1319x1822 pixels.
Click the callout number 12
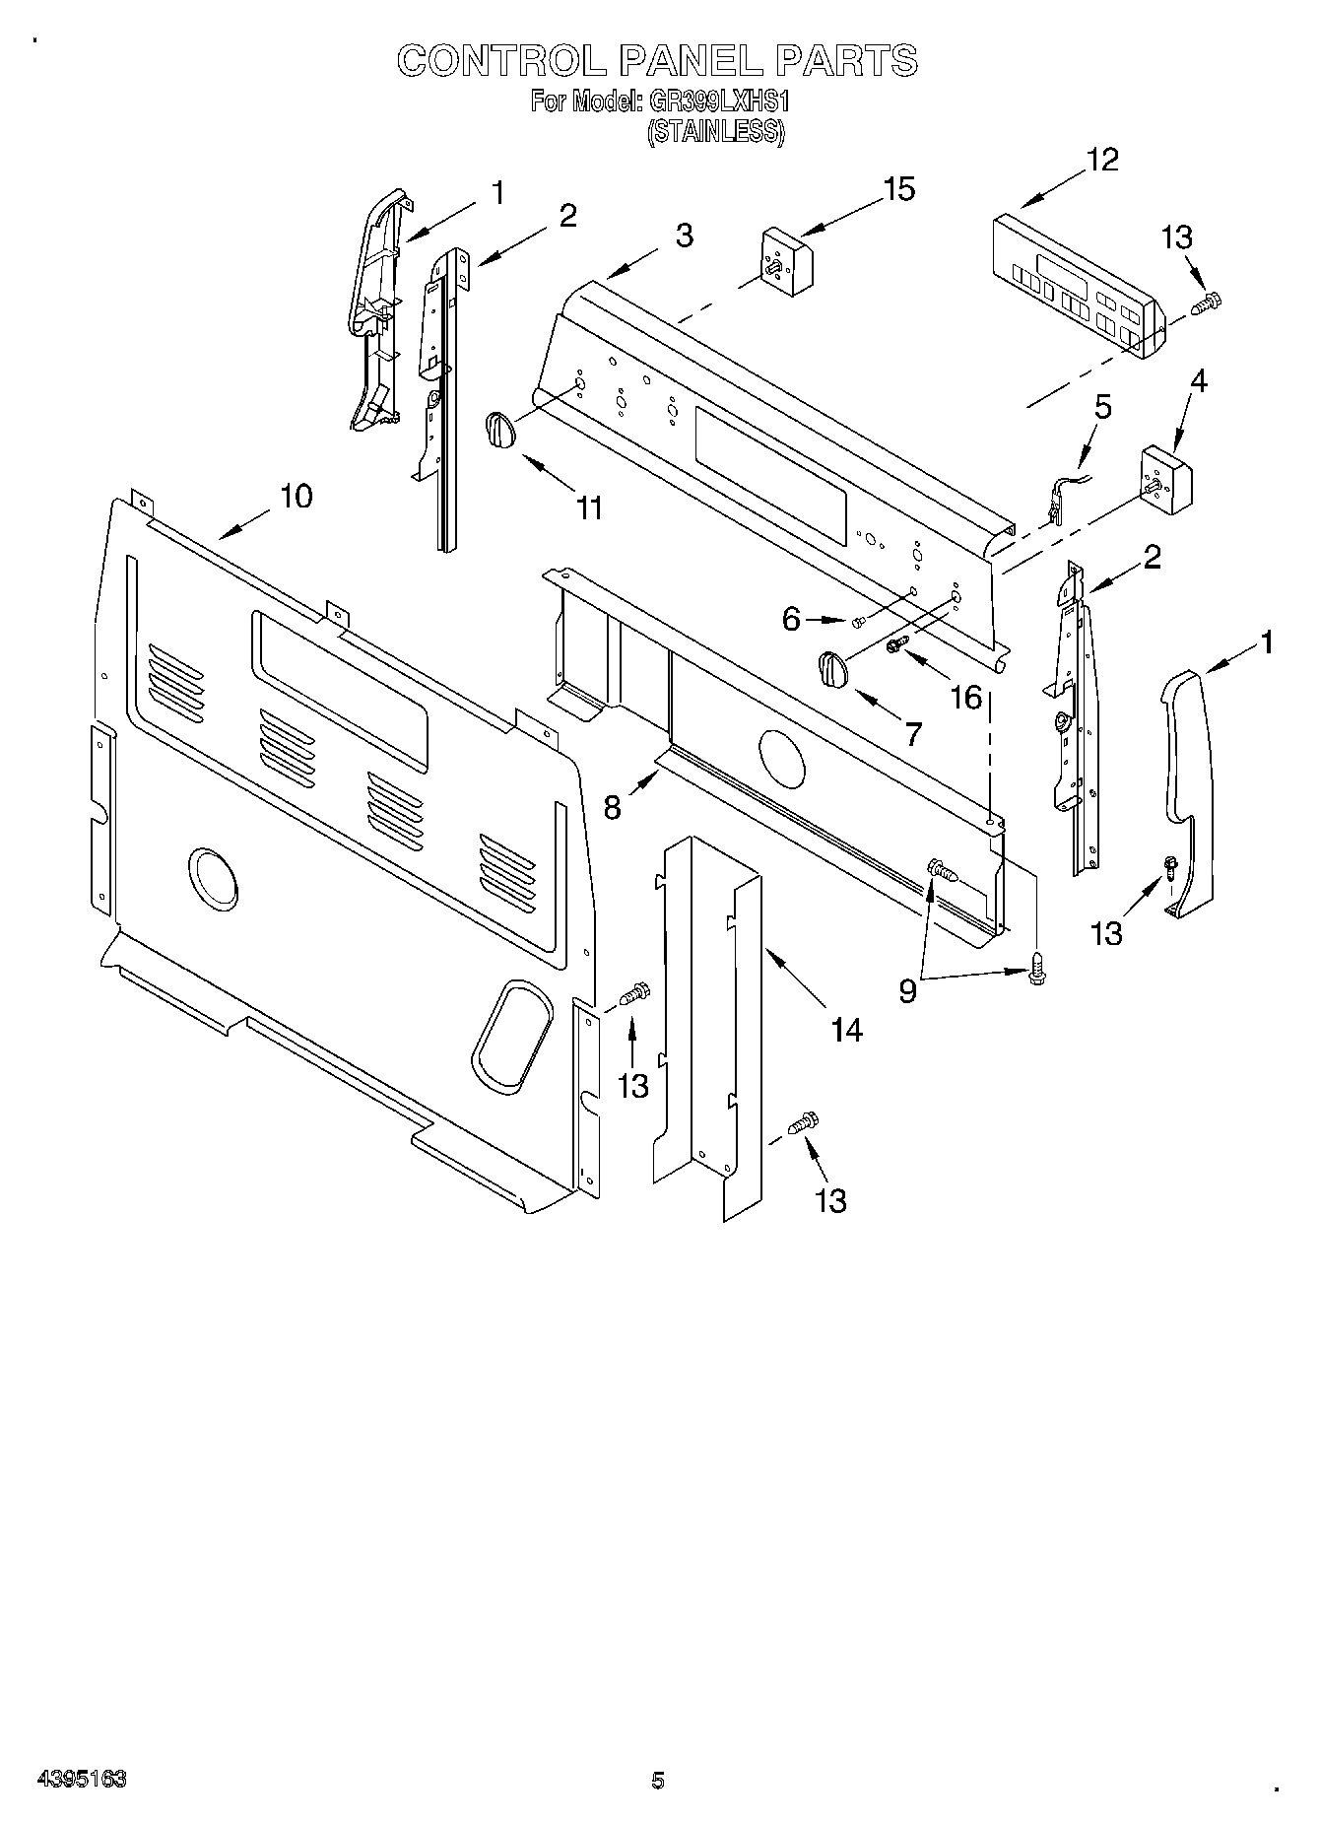(1103, 161)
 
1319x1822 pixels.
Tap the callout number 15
(898, 189)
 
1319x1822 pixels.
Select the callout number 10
(296, 496)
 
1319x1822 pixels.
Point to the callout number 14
(846, 1031)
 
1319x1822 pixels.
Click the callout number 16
(966, 697)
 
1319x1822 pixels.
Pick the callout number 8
(613, 808)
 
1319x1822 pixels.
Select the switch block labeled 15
(785, 257)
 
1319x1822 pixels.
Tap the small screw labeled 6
(856, 619)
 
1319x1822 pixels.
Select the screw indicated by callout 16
(896, 644)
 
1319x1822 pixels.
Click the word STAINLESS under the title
(715, 133)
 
